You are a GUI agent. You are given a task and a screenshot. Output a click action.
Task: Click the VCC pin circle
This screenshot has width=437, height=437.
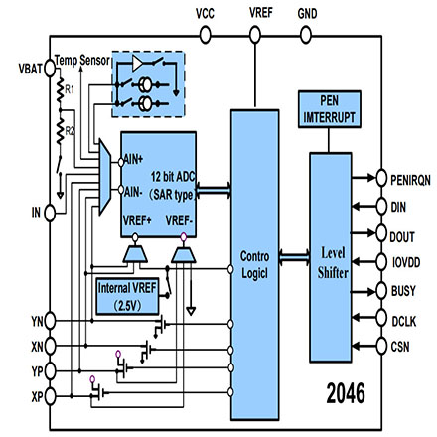(206, 35)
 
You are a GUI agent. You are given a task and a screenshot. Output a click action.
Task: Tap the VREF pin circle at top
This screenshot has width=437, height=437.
(255, 35)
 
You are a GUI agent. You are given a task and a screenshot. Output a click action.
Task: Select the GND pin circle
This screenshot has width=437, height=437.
(306, 35)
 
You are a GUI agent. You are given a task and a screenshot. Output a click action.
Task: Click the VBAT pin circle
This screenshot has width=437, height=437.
(50, 69)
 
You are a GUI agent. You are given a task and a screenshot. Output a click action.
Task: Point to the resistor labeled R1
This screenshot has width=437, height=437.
(60, 90)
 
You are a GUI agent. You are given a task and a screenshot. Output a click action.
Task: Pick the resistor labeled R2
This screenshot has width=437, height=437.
(60, 131)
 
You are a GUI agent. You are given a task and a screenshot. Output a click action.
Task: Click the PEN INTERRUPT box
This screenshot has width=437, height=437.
(330, 109)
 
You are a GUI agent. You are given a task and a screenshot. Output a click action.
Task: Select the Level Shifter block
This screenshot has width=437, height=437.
(331, 257)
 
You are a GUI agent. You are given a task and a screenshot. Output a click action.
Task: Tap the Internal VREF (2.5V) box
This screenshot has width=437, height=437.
(127, 296)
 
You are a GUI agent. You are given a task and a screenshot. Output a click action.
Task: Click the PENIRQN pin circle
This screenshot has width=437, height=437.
(381, 178)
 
